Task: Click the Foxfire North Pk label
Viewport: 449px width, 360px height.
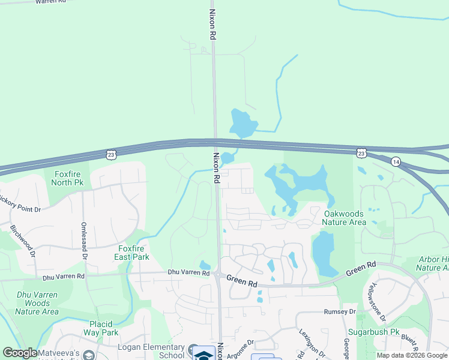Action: pyautogui.click(x=68, y=178)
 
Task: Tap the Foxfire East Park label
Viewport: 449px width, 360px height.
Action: pyautogui.click(x=131, y=253)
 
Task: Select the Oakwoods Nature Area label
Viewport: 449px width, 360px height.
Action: pyautogui.click(x=344, y=218)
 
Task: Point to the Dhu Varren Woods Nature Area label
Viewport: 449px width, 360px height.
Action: pyautogui.click(x=37, y=302)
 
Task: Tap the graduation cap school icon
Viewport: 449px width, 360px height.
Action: pyautogui.click(x=204, y=355)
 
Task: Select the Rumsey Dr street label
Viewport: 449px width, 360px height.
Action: pyautogui.click(x=340, y=312)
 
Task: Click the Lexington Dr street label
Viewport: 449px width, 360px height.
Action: pyautogui.click(x=312, y=344)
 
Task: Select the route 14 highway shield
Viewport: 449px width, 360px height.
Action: pyautogui.click(x=396, y=161)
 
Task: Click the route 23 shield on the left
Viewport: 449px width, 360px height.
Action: pyautogui.click(x=110, y=155)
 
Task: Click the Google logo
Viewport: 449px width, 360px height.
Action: pyautogui.click(x=20, y=353)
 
